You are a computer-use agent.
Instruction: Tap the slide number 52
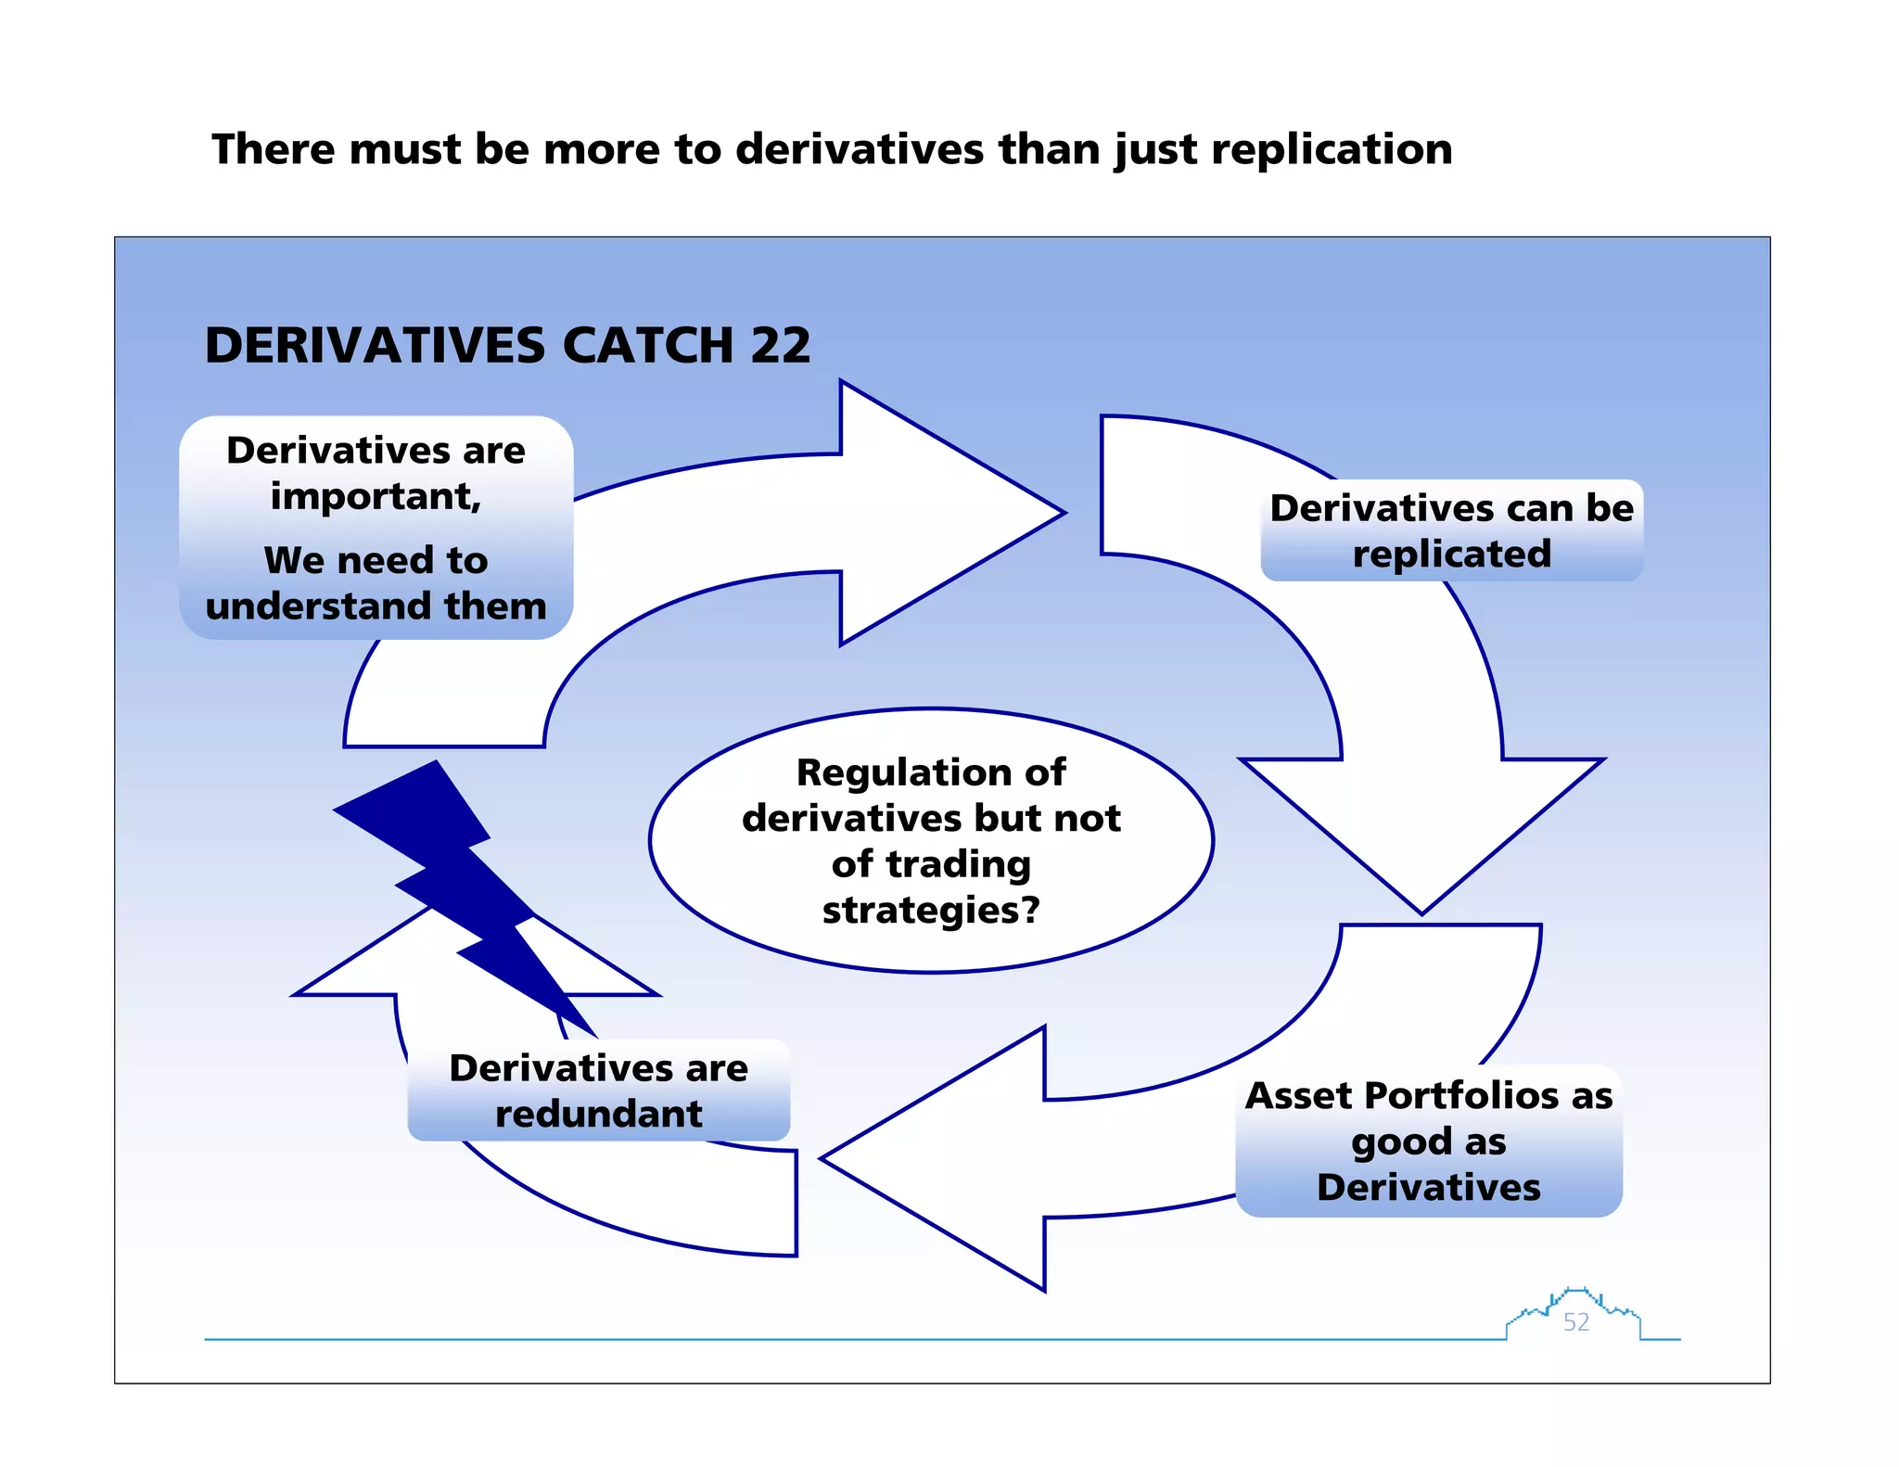(1576, 1322)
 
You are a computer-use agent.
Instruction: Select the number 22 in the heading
(781, 346)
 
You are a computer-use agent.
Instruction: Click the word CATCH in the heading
(648, 346)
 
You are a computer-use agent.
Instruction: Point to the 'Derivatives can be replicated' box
(1451, 530)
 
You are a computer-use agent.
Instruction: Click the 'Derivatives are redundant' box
(599, 1091)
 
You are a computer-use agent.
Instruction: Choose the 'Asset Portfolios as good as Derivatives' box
(1429, 1142)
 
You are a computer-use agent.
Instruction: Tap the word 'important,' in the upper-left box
(376, 497)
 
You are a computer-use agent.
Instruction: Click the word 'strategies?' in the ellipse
(931, 911)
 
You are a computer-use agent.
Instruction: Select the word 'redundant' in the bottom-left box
(599, 1114)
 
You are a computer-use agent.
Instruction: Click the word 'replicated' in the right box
(1451, 555)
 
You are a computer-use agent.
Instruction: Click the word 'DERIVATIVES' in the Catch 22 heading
(375, 346)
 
